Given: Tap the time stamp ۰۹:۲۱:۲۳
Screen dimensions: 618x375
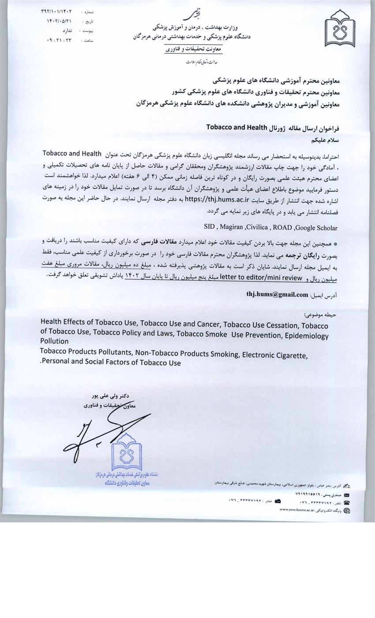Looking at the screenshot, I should coord(56,40).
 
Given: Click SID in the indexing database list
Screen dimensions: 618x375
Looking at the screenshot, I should coord(210,228).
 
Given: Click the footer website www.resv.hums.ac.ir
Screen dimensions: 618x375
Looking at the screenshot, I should coord(296,510).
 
